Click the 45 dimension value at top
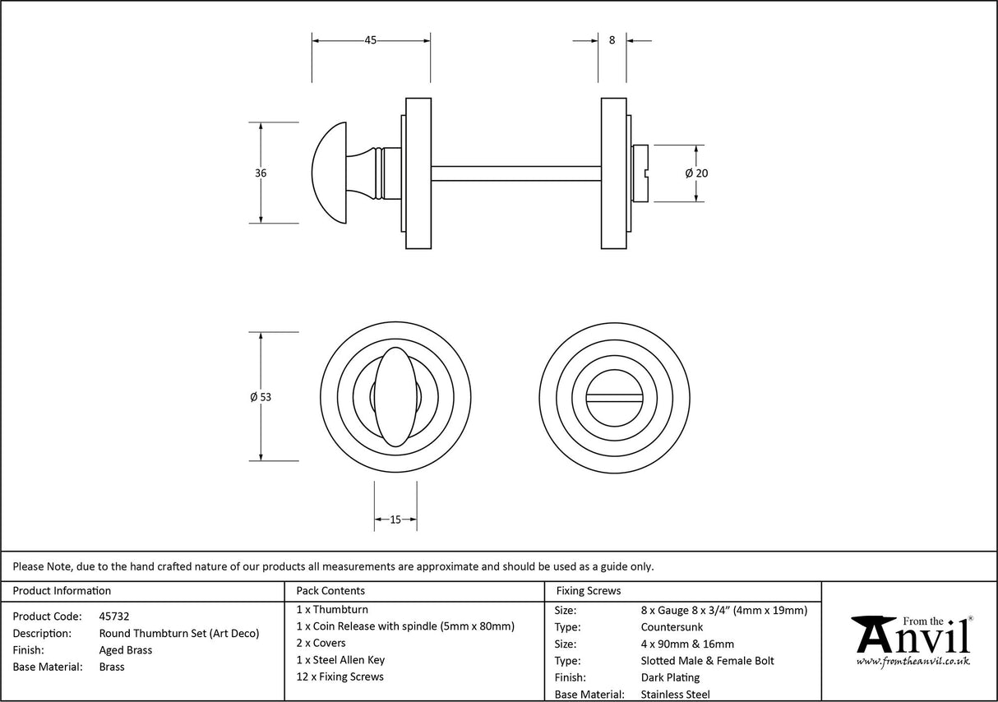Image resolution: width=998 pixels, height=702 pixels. [x=370, y=40]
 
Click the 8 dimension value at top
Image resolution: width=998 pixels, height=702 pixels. [x=612, y=39]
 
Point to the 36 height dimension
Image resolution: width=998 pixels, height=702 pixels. [x=261, y=173]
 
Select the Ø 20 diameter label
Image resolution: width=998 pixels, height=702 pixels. [x=696, y=173]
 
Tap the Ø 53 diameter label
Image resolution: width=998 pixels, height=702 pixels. [x=261, y=396]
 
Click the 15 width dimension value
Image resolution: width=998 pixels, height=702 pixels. [x=395, y=519]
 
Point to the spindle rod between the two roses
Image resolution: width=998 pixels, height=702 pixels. [x=515, y=173]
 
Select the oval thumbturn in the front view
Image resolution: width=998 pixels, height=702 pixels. [x=394, y=396]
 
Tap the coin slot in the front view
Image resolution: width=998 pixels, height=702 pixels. [x=617, y=396]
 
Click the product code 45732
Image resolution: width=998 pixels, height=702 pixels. [x=113, y=616]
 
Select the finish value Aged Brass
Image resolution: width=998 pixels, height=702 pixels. [x=125, y=649]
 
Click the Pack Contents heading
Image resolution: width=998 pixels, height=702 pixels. [x=330, y=590]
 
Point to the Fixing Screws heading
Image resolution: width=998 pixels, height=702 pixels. [x=589, y=590]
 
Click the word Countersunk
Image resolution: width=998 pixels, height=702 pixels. [x=672, y=626]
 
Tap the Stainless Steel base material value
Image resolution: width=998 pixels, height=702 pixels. [x=675, y=695]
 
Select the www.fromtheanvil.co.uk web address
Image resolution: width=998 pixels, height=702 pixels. [x=913, y=661]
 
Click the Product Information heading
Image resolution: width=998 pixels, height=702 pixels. [x=62, y=590]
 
